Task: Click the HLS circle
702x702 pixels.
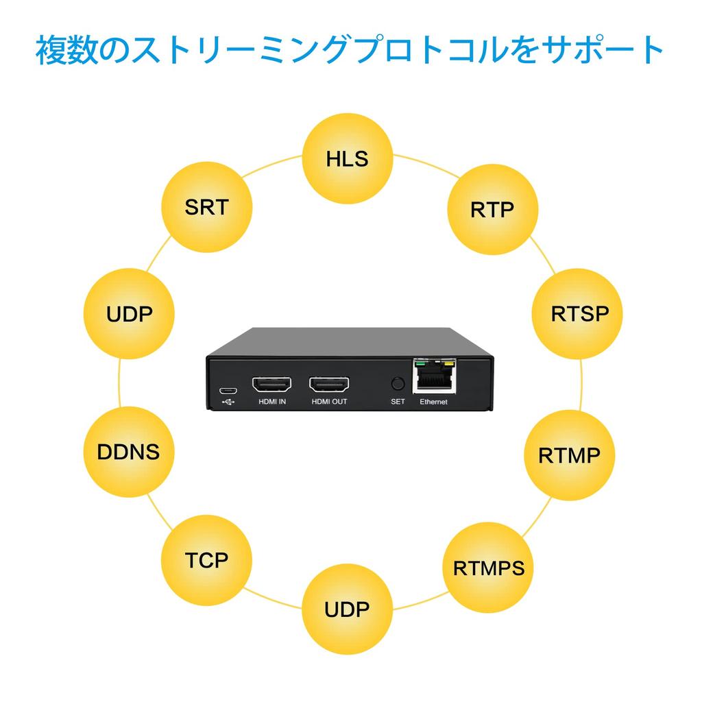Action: click(348, 159)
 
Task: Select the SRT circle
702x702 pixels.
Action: click(206, 207)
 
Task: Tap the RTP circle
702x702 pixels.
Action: click(492, 209)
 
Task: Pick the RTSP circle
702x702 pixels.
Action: click(579, 314)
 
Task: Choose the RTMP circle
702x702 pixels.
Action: click(569, 455)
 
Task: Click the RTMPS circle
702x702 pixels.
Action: click(488, 568)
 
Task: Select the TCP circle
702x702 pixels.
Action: click(206, 560)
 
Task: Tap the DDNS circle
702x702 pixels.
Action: click(128, 452)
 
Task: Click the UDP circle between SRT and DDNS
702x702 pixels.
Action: click(129, 315)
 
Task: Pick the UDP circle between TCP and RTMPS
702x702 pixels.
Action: click(348, 609)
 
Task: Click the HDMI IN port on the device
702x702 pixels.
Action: click(272, 384)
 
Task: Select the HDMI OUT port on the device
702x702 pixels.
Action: click(329, 384)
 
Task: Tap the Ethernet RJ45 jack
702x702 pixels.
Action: click(434, 378)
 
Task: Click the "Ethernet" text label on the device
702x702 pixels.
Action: click(433, 402)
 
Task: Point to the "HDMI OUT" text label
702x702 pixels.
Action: click(329, 402)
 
